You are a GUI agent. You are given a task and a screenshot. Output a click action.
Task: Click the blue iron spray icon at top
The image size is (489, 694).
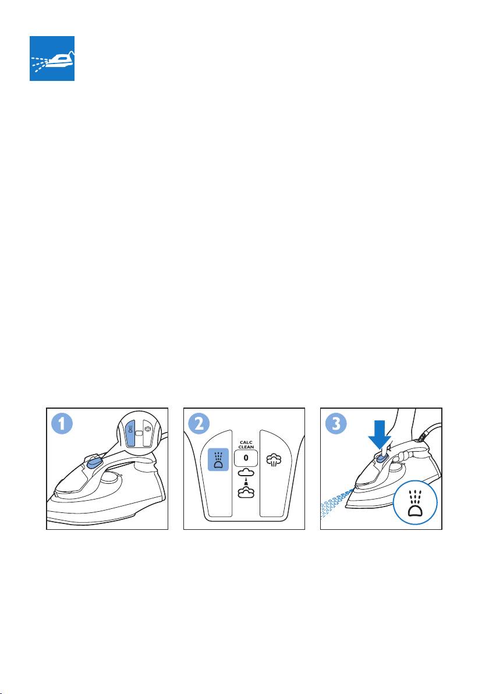[52, 58]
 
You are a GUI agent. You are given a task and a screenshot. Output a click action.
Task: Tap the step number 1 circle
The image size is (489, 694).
[62, 424]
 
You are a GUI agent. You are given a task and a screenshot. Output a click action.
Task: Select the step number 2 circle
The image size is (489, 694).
[199, 424]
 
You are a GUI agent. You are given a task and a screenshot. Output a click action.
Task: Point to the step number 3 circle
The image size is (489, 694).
[336, 424]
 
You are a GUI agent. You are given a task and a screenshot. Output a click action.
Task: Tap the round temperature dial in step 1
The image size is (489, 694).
[111, 477]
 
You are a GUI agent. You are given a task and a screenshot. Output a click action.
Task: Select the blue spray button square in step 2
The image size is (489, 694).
[218, 459]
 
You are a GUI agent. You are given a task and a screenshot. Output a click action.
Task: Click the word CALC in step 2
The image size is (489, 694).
[246, 442]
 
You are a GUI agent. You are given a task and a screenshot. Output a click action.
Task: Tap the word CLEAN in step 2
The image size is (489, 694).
[246, 447]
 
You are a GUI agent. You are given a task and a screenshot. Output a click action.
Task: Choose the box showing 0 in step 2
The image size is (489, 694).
[246, 458]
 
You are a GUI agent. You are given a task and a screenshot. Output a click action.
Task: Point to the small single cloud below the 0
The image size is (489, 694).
[246, 473]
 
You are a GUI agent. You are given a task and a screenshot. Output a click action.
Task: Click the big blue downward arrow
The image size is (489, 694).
[379, 435]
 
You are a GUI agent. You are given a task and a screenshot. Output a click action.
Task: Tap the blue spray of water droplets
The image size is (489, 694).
[337, 503]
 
